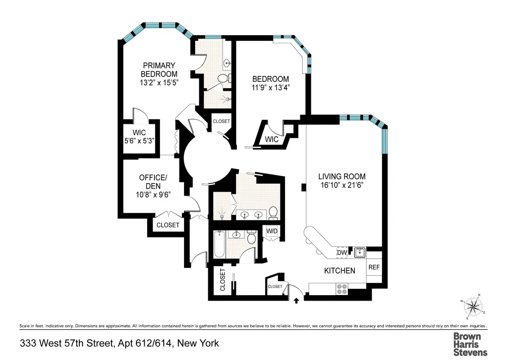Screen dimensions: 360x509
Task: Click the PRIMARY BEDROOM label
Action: (x=159, y=70)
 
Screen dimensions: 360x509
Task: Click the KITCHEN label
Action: (x=339, y=271)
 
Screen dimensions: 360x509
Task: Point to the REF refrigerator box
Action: (x=374, y=268)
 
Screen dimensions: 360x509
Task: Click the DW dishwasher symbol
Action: (x=342, y=253)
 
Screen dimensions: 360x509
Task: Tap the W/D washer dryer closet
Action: (x=271, y=231)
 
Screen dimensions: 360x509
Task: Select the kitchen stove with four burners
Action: (x=342, y=289)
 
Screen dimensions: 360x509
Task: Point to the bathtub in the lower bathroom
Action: (x=219, y=244)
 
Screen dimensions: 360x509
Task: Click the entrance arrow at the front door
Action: (x=296, y=301)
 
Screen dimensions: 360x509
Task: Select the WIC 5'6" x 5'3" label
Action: (x=139, y=137)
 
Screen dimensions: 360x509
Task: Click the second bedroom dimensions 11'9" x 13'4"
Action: (x=271, y=88)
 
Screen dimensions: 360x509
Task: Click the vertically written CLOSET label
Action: (x=222, y=281)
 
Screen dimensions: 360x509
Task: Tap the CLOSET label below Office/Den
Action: (x=168, y=225)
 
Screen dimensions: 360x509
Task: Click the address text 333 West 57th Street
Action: (x=120, y=343)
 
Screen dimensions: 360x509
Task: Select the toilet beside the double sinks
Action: (x=273, y=213)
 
